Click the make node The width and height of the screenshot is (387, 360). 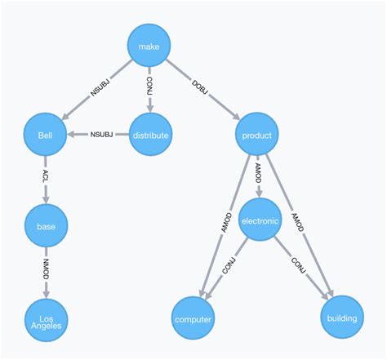point(149,47)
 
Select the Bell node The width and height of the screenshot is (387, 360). point(45,135)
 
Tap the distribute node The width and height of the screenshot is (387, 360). point(151,135)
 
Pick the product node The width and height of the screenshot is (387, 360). point(257,135)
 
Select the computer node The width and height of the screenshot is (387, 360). point(193,318)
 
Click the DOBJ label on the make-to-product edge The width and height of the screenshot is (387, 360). point(202,90)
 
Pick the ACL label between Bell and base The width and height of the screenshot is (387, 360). point(45,180)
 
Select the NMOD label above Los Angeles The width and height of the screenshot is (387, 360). point(45,270)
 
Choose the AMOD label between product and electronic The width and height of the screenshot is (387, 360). point(259,174)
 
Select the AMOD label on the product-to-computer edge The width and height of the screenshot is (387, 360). point(226,222)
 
